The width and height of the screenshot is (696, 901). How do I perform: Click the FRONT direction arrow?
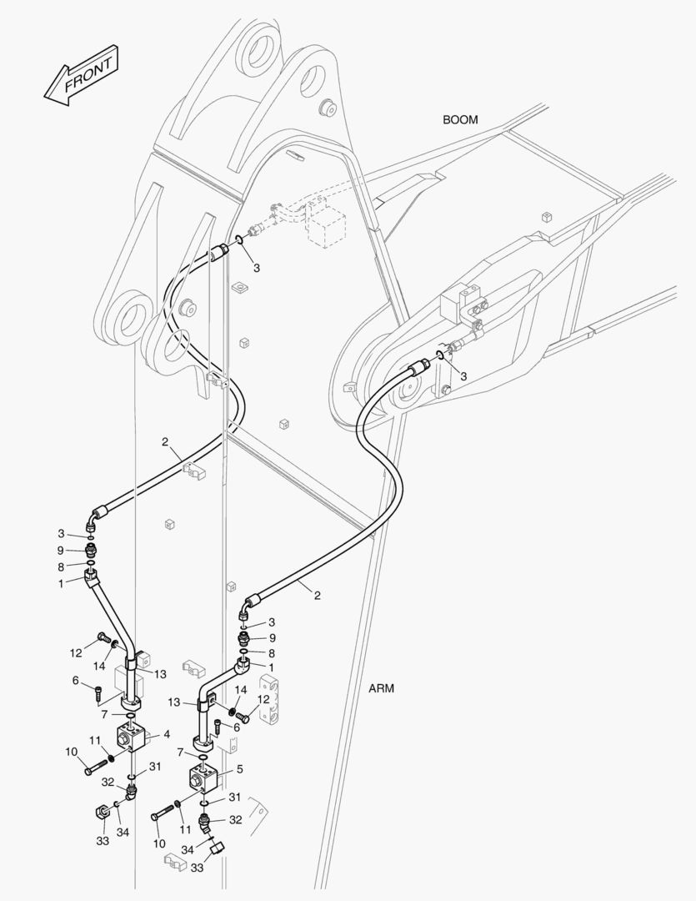click(x=82, y=78)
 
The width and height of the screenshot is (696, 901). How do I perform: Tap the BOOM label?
click(x=460, y=120)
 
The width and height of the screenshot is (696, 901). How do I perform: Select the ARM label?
click(x=381, y=688)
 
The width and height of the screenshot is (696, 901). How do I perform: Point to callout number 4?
click(x=167, y=735)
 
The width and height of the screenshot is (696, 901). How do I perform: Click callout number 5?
click(x=240, y=768)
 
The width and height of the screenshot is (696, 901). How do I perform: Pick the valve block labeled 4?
click(x=133, y=737)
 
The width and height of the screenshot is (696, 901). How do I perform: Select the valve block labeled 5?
click(x=202, y=777)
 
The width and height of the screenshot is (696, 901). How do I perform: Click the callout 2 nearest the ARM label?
click(x=318, y=595)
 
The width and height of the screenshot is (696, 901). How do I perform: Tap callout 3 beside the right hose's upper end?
click(x=463, y=375)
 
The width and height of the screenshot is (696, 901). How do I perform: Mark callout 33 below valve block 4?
click(x=102, y=842)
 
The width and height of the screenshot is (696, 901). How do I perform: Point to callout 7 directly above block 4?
click(x=103, y=715)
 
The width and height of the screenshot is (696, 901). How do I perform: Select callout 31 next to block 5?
click(x=235, y=797)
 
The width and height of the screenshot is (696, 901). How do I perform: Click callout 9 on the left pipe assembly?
click(x=61, y=550)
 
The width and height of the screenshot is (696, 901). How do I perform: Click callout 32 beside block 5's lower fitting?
click(x=235, y=820)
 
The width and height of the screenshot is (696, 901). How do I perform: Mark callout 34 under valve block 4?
click(x=123, y=832)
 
